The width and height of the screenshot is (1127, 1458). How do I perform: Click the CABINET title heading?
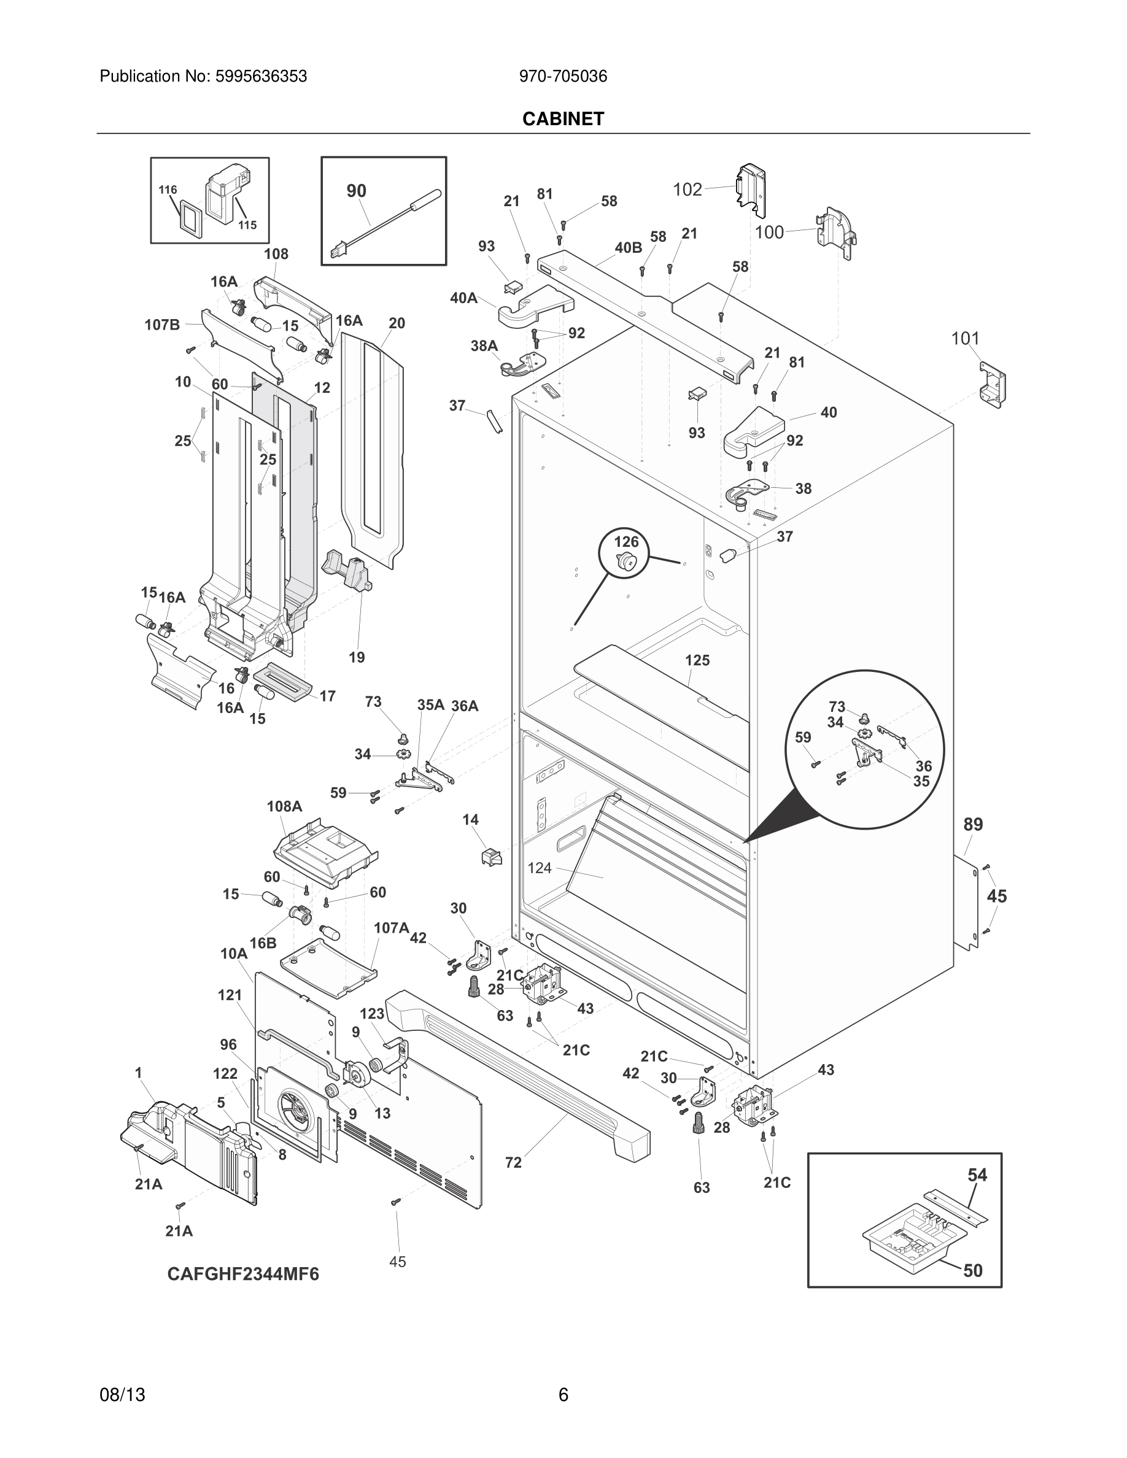pos(563,119)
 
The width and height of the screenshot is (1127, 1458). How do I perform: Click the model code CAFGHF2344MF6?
pos(243,1275)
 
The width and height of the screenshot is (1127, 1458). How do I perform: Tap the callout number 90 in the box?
pos(356,191)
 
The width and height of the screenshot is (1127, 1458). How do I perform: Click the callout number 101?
pos(965,339)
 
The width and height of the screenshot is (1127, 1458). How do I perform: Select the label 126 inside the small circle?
pos(626,541)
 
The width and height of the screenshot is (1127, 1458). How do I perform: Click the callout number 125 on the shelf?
pos(697,660)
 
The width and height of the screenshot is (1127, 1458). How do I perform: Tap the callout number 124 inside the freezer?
pos(540,868)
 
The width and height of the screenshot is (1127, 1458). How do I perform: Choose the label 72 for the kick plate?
pos(513,1162)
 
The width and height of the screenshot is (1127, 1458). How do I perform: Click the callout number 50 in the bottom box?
pos(973,1270)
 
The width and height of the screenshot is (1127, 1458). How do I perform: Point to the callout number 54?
pos(977,1175)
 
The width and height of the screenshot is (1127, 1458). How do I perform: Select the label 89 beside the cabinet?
pos(973,825)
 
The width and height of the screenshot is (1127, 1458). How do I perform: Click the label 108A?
pos(284,806)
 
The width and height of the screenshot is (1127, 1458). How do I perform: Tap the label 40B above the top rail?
pos(627,248)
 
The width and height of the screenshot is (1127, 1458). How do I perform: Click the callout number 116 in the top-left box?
pos(168,190)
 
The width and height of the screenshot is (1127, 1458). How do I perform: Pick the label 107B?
pos(162,325)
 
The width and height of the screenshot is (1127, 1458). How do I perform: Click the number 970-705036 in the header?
pos(563,77)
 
